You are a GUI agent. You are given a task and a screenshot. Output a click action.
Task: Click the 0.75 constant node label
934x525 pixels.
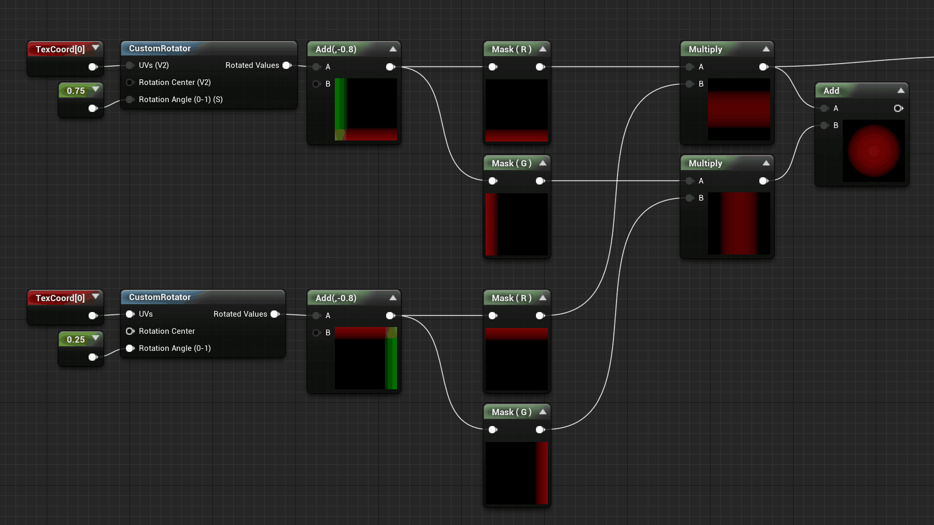pos(76,91)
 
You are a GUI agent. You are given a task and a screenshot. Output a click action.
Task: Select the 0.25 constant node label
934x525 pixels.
pos(76,339)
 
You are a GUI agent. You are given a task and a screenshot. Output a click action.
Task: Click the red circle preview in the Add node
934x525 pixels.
pos(873,150)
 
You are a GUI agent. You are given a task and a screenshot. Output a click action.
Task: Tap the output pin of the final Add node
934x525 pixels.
pos(898,108)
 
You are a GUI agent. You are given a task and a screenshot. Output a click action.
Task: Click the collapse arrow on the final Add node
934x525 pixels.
pos(901,91)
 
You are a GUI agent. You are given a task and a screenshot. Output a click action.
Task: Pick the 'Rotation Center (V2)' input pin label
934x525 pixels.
pos(175,82)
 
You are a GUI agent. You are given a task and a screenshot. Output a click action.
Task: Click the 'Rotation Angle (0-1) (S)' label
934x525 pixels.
pos(180,100)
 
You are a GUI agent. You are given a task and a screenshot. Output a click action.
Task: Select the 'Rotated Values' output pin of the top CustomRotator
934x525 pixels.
pos(287,65)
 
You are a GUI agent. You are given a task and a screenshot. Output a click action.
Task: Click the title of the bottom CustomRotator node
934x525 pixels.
pos(160,297)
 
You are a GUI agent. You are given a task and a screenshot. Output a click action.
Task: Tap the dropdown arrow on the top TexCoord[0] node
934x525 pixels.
pos(95,48)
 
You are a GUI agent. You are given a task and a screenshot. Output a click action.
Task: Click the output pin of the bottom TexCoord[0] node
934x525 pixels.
pos(93,316)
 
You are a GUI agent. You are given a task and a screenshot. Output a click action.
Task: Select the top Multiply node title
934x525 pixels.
pos(705,49)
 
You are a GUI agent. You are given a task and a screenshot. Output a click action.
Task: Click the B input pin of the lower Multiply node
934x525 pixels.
pos(689,198)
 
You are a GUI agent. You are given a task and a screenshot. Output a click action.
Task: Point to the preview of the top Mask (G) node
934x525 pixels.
pos(517,224)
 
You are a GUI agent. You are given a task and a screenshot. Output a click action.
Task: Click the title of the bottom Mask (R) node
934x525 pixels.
pos(511,298)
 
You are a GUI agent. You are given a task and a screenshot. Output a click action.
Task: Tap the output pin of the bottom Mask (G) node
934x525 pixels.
pos(540,430)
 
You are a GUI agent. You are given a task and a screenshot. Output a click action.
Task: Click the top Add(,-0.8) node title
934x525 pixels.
pos(336,49)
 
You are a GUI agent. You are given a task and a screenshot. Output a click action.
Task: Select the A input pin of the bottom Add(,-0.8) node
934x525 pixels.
pos(317,316)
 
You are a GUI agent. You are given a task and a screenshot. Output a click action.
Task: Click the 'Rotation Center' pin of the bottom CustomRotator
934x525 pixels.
pos(130,331)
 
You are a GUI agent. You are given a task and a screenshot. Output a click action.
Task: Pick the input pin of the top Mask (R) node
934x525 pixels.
pos(493,67)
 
